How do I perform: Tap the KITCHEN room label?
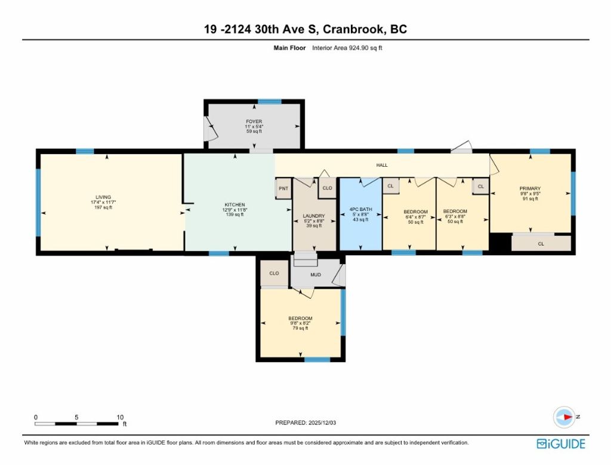point(235,205)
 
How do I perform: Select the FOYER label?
point(254,122)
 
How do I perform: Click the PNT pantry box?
point(283,188)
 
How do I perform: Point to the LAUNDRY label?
point(313,216)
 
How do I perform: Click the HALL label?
point(382,165)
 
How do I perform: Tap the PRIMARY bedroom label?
point(530,189)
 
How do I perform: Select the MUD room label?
point(316,275)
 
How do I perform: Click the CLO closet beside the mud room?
point(274,273)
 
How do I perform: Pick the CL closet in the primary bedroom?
point(541,243)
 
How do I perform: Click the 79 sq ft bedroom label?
point(300,319)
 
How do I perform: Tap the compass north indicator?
point(564,417)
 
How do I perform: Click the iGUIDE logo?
point(561,443)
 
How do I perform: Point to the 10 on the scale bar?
point(120,417)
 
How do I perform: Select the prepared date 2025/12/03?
point(307,423)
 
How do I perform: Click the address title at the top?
point(305,29)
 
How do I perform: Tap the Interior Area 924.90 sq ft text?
point(347,47)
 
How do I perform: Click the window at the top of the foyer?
point(270,102)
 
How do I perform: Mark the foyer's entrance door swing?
point(210,130)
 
